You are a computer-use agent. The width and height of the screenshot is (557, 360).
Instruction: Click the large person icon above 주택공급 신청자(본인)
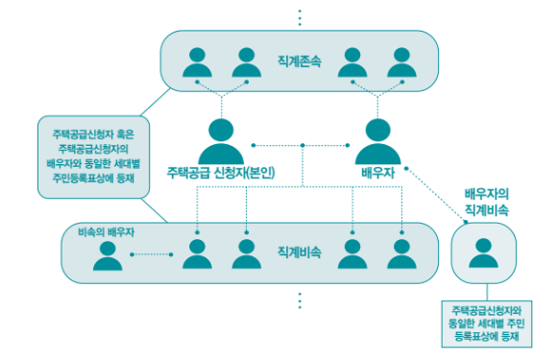click(223, 140)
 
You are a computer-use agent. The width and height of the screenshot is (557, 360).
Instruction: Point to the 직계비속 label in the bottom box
click(299, 253)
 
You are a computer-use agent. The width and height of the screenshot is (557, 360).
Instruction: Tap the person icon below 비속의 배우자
click(109, 255)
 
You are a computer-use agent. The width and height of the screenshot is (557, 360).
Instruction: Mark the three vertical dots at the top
click(300, 16)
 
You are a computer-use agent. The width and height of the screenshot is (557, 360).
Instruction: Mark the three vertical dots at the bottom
click(300, 300)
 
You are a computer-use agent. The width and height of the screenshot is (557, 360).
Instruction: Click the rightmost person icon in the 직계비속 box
click(401, 254)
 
